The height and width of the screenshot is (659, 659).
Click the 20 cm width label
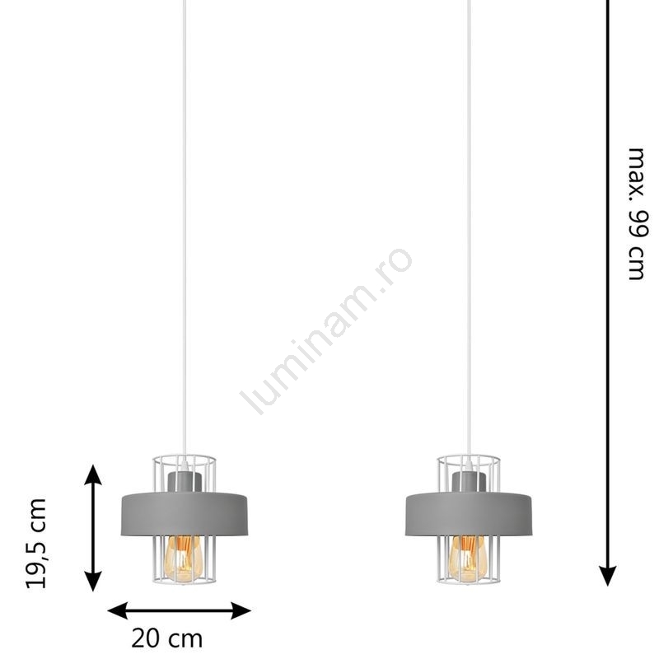tap(167, 639)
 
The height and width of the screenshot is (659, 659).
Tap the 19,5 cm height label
tap(35, 544)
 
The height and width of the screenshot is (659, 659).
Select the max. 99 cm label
tap(637, 214)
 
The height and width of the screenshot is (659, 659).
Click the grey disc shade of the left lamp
tap(185, 513)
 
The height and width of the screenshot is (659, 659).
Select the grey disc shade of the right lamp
tap(469, 513)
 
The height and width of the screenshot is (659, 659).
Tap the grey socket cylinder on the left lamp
tap(185, 481)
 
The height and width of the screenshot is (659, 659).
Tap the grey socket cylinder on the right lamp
tap(469, 481)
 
